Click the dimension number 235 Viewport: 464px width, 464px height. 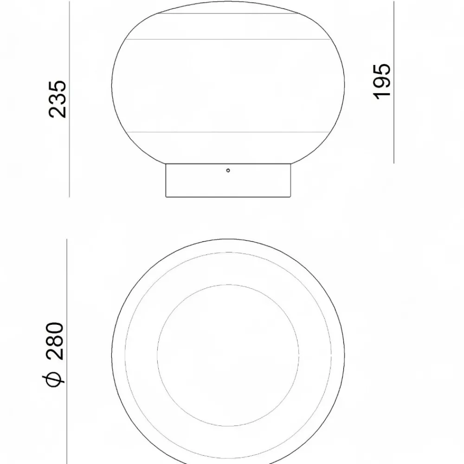coord(58,99)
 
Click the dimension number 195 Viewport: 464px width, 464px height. coord(381,81)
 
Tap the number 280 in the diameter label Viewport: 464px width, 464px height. coord(55,341)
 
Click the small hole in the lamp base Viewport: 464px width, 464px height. coord(228,170)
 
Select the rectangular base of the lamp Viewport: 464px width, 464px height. coord(228,180)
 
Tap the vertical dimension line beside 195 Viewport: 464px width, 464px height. coord(394,82)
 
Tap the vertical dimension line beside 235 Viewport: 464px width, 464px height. coord(70,99)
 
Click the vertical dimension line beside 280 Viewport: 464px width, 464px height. coord(67,352)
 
